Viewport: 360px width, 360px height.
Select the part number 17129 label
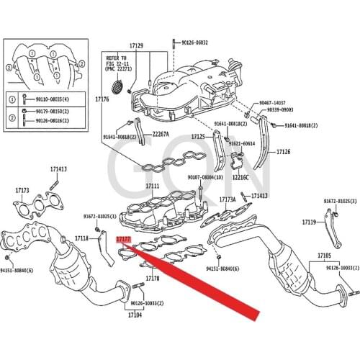click(x=136, y=46)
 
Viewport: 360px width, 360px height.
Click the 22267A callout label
click(x=161, y=134)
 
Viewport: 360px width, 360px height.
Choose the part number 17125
click(x=199, y=136)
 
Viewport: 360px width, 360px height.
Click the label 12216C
click(x=240, y=176)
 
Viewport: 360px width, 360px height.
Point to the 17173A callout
click(x=228, y=199)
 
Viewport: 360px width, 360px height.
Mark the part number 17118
click(x=82, y=238)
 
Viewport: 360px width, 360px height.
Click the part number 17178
click(x=152, y=278)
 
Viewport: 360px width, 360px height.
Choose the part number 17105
click(x=324, y=256)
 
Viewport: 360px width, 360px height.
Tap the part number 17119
click(x=309, y=223)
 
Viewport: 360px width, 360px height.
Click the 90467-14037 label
click(x=272, y=103)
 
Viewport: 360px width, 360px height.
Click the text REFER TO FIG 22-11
click(x=116, y=59)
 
